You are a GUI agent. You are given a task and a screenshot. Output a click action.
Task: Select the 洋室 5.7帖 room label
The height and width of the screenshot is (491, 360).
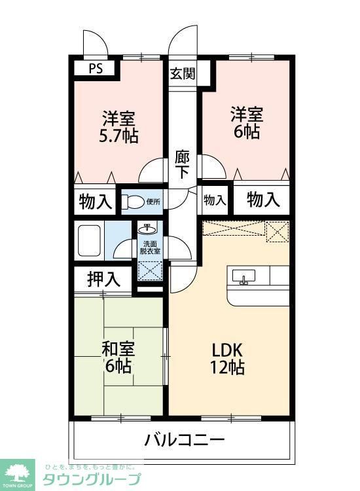click(x=118, y=128)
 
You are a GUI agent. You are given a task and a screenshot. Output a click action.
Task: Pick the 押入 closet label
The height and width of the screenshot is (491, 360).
click(x=103, y=280)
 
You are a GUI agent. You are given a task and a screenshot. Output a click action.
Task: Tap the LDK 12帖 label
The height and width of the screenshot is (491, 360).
click(x=227, y=357)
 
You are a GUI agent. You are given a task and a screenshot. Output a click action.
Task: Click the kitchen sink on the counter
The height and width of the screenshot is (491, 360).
click(x=243, y=278)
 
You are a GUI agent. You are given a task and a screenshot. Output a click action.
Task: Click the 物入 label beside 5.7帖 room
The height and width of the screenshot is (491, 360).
click(x=94, y=200)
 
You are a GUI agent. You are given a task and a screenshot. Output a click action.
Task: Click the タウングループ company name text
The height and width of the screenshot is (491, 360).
click(x=92, y=479)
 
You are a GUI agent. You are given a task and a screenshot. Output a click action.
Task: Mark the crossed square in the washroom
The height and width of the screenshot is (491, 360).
click(x=149, y=270)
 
